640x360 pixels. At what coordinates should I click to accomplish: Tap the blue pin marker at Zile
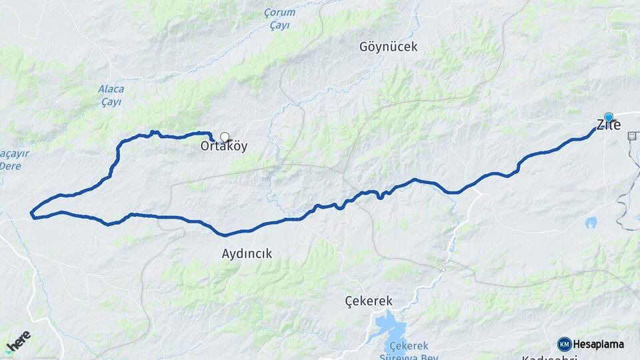coord(608,117)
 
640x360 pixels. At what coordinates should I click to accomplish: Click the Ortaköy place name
coord(225,146)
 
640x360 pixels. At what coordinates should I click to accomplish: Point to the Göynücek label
coord(388,47)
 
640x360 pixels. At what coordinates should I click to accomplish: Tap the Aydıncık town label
coord(247,253)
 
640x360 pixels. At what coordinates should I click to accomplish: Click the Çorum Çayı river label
coord(279,18)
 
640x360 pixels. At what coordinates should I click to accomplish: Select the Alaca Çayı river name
coord(111,95)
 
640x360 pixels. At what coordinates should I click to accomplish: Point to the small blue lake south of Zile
coord(591,223)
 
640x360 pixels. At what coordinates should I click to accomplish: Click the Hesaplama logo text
coord(599,344)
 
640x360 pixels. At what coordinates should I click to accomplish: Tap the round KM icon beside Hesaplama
coord(565,344)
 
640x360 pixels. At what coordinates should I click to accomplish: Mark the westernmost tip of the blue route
coord(31,213)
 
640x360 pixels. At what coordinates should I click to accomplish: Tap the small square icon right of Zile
coord(631,135)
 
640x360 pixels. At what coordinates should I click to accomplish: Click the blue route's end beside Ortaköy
coord(212,138)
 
